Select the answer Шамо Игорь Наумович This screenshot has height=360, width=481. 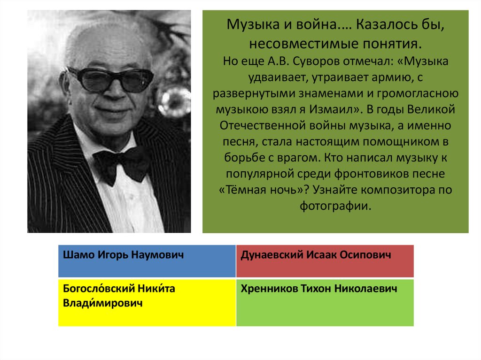click(147, 261)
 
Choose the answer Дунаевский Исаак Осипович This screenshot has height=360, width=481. click(325, 261)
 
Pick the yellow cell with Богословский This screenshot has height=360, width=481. click(147, 302)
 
